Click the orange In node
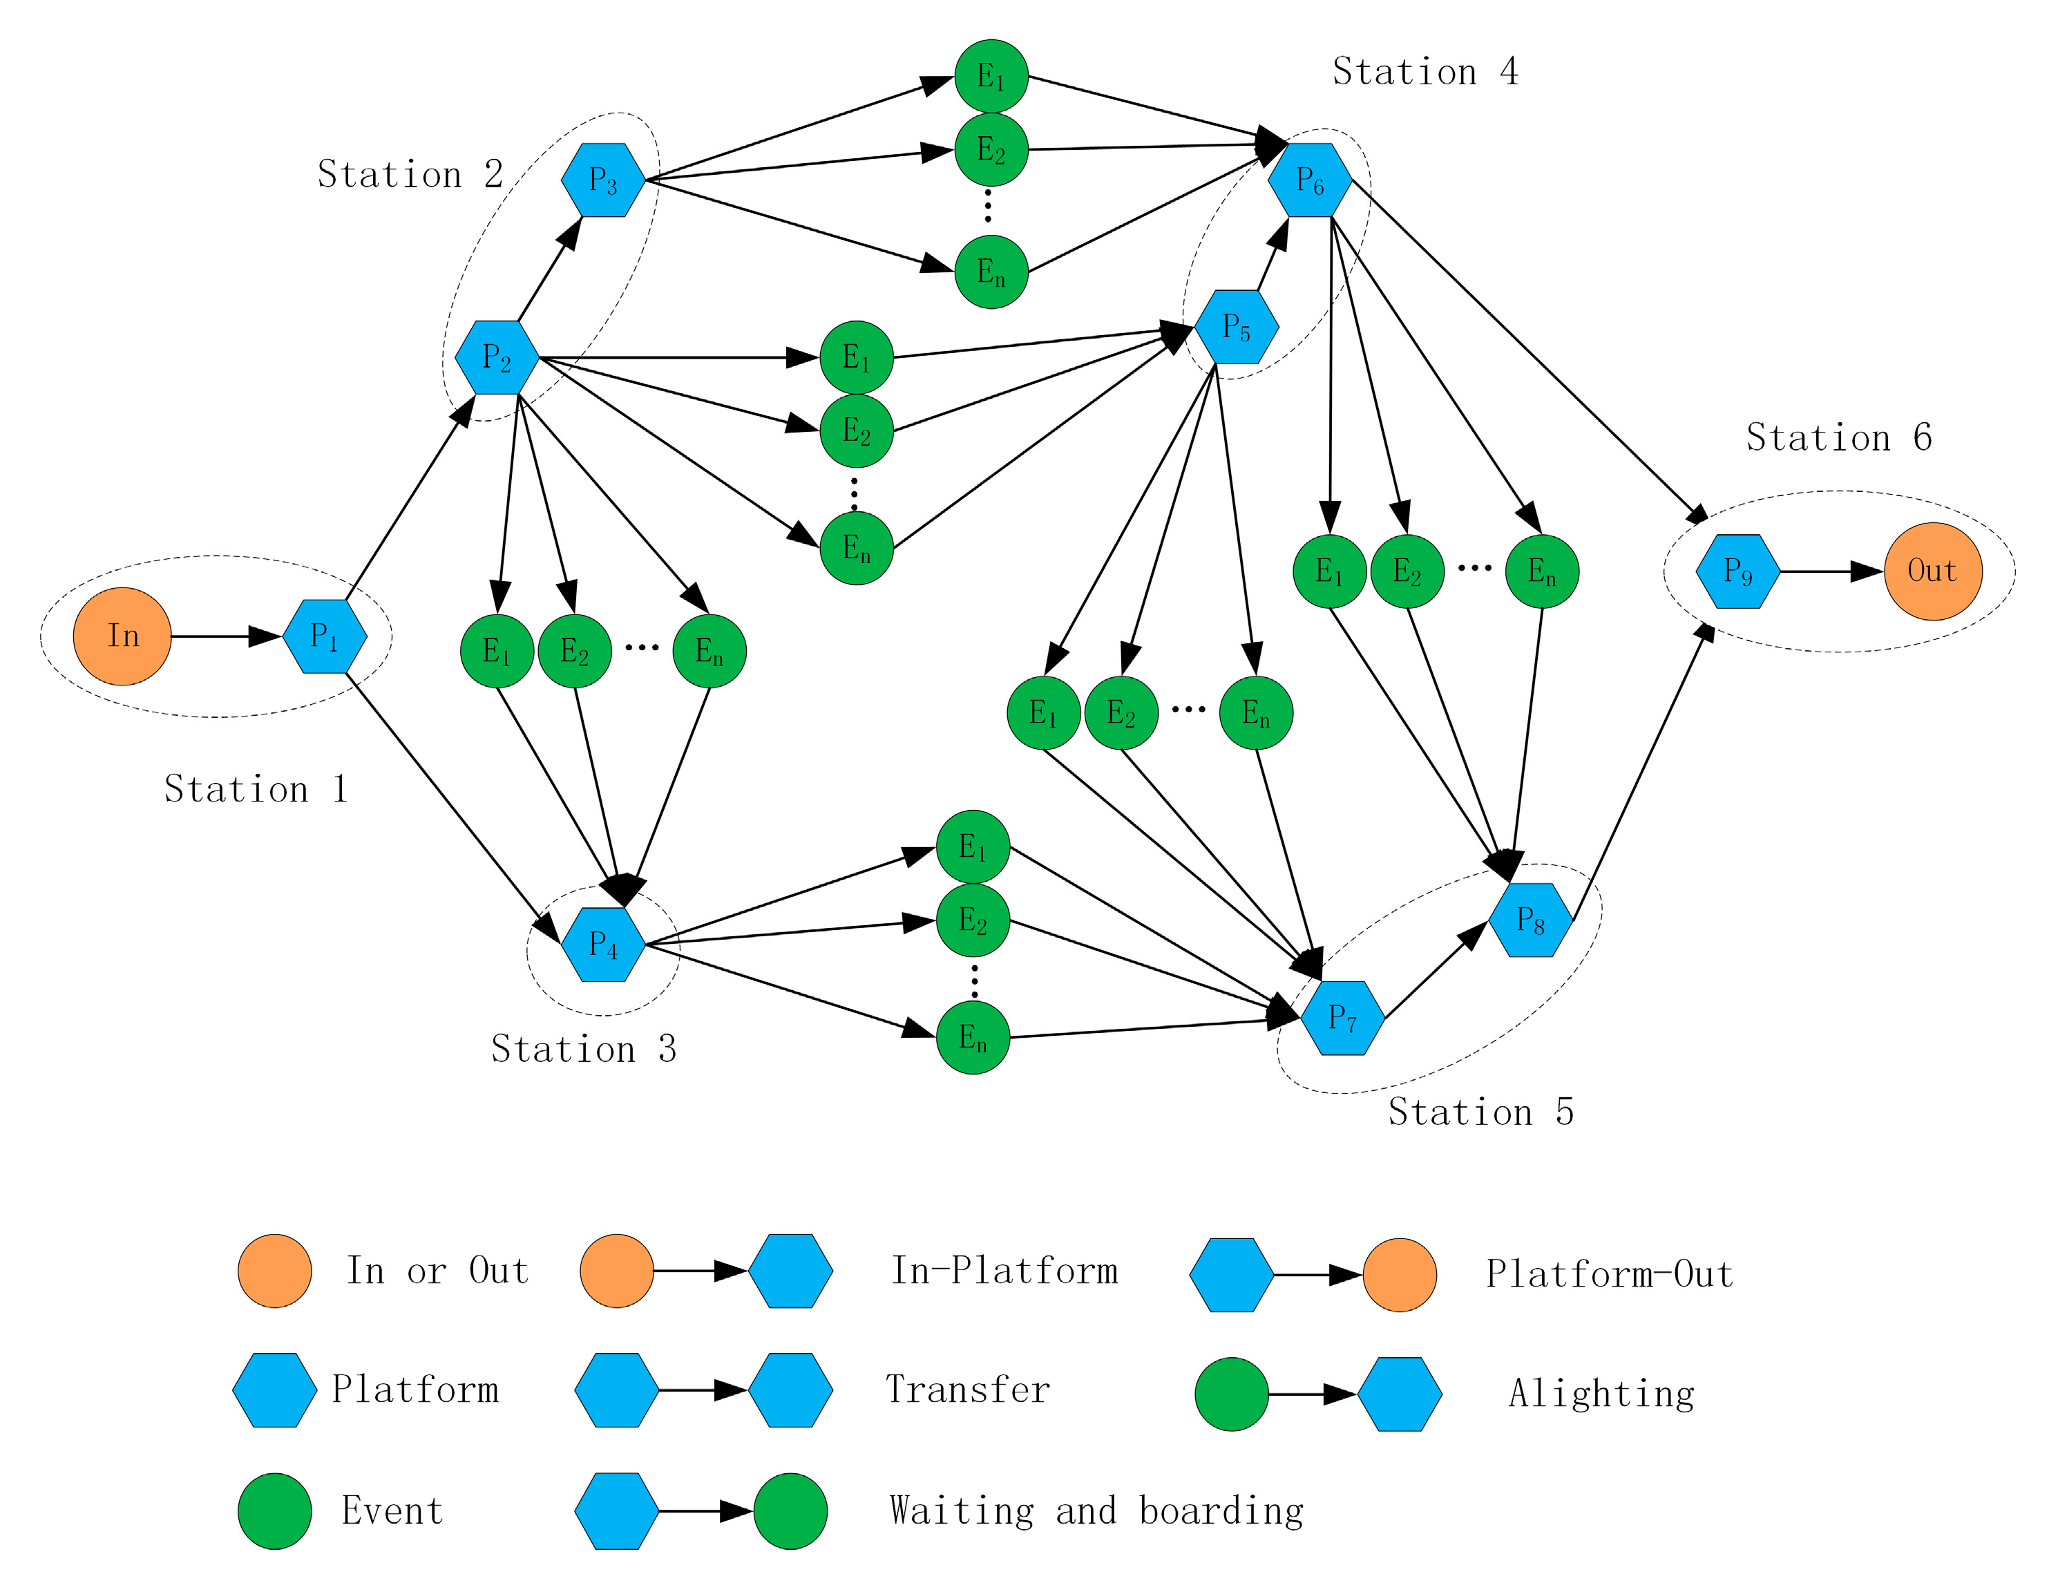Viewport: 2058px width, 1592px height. tap(122, 636)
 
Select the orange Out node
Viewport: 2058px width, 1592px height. tap(1933, 571)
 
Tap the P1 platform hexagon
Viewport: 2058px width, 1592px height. tap(324, 636)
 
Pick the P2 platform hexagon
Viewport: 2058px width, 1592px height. tap(497, 357)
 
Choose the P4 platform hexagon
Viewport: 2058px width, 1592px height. tap(603, 945)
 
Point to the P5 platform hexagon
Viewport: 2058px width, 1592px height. tap(1237, 327)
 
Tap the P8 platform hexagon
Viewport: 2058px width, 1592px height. tap(1530, 920)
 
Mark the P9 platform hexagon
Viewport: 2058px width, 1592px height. tap(1737, 571)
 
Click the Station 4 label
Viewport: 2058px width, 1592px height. tap(1425, 72)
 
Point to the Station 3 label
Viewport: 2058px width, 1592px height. tap(583, 1049)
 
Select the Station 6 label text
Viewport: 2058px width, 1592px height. tap(1838, 437)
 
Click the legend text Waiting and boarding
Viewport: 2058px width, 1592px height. tap(1096, 1511)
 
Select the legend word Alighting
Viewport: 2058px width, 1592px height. tap(1601, 1393)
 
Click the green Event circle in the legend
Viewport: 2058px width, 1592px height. tap(275, 1511)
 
